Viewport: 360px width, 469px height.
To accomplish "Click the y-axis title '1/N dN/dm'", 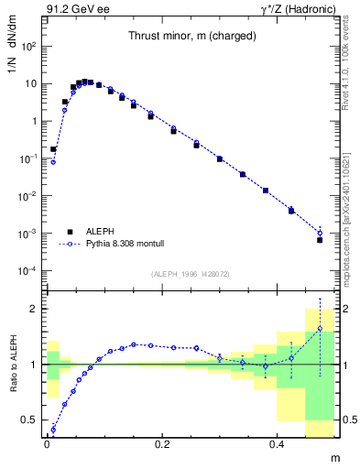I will point(13,54).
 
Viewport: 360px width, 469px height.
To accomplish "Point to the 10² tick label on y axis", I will point(28,46).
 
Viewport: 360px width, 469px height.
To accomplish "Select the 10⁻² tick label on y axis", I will point(28,196).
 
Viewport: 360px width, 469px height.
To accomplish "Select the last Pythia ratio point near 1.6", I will point(320,328).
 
